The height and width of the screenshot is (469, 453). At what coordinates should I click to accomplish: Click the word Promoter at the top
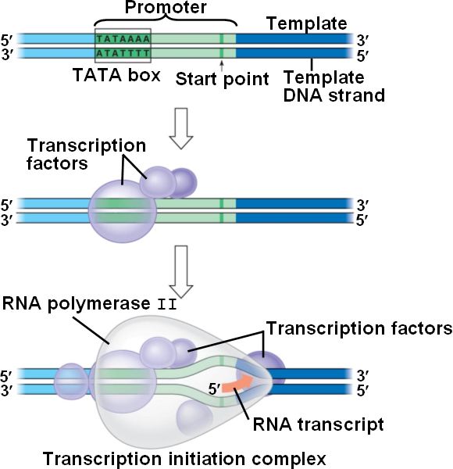point(166,7)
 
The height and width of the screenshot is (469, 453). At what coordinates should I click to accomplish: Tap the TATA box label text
point(116,75)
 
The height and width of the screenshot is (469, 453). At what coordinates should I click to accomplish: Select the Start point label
point(222,79)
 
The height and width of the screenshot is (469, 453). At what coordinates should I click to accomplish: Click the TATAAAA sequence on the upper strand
point(123,39)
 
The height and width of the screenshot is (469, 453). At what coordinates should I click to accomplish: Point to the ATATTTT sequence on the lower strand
point(123,53)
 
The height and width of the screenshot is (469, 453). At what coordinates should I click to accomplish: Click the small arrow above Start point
point(221,66)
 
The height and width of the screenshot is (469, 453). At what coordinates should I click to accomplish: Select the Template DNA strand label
point(334,87)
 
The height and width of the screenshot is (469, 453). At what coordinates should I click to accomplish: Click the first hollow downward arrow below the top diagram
point(181,128)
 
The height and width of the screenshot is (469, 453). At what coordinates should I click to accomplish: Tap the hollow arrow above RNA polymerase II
point(181,271)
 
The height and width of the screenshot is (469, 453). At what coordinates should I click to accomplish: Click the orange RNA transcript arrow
point(238,385)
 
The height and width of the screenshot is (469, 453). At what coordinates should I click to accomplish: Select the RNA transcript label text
point(318,424)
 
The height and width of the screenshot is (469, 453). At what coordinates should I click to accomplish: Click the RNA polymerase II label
point(90,304)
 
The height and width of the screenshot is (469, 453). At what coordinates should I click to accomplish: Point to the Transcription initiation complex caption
point(184,459)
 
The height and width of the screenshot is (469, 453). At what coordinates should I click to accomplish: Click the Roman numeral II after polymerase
point(167,305)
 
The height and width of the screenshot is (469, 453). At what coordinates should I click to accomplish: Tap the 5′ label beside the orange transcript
point(214,389)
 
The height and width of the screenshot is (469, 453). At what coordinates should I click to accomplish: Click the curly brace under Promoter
point(166,20)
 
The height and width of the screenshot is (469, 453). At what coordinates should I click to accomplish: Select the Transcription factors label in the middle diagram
point(86,154)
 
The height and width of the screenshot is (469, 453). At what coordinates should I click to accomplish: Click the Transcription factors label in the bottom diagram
point(358,328)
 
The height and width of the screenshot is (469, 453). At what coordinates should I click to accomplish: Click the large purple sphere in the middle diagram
point(123,211)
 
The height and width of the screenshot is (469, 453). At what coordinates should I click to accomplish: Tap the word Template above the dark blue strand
point(307,23)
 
